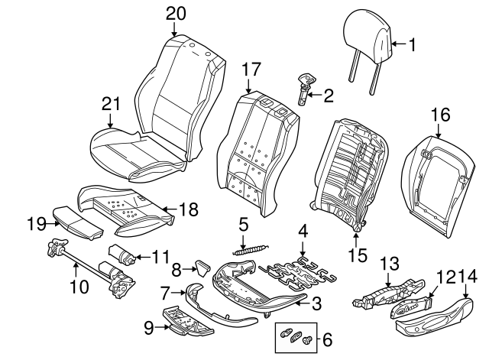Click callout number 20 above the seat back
tap(175, 13)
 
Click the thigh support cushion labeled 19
tap(75, 221)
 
